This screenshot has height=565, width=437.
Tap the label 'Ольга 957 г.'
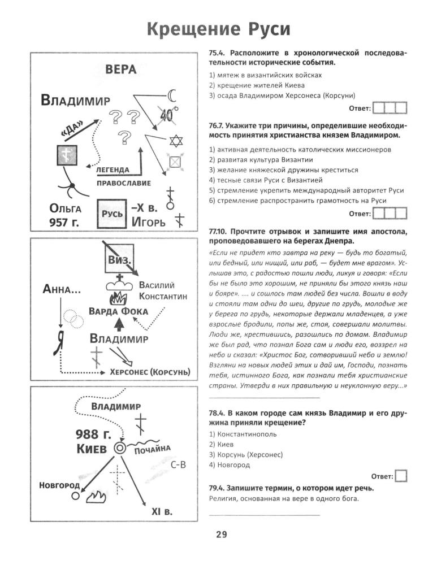pos(66,215)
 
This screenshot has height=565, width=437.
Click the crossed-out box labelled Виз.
pos(119,259)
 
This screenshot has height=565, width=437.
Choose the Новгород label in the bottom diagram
pos(59,486)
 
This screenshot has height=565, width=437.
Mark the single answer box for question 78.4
pos(401,476)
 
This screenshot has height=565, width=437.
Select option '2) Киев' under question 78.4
pos(223,444)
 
